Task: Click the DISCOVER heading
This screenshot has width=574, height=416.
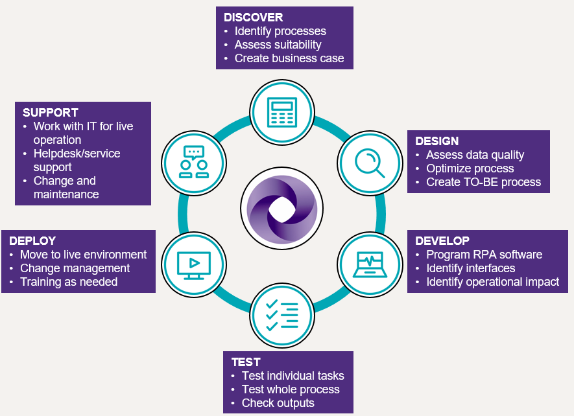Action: pos(254,17)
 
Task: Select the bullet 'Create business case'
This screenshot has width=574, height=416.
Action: pos(289,58)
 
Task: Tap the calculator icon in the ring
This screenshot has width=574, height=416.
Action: pos(282,112)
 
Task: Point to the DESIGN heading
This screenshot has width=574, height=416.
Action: pos(437,141)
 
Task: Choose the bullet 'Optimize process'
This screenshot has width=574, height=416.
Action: pos(470,168)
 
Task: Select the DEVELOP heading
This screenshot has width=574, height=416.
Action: pos(442,241)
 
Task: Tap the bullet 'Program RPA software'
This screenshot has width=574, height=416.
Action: pos(484,255)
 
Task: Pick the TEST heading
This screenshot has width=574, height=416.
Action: pos(246,362)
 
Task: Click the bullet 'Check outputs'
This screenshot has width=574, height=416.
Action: pos(278,403)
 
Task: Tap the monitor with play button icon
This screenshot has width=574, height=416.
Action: pos(193,263)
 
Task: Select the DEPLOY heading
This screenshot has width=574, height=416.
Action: pos(32,241)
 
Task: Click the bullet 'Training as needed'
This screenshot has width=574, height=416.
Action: pos(69,282)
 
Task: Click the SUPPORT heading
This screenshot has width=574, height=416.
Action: pos(51,113)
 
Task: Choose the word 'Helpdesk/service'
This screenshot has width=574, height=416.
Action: pos(77,154)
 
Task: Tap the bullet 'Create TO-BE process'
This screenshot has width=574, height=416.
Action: pos(483,182)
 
